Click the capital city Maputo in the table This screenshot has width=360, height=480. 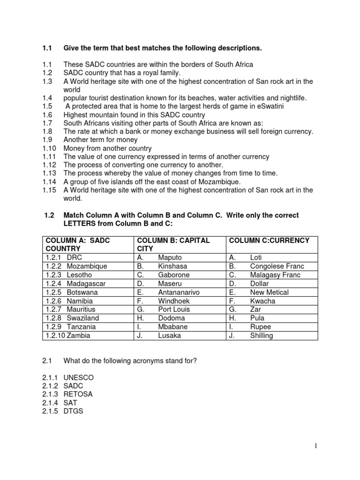tap(170, 257)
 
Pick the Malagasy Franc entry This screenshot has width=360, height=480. tap(276, 275)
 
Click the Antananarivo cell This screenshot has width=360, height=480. tap(179, 292)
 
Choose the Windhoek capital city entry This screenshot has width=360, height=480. tap(173, 301)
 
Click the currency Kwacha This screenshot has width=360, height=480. tap(263, 301)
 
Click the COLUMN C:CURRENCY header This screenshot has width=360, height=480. tap(269, 240)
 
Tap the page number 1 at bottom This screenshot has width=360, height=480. tap(316, 446)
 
